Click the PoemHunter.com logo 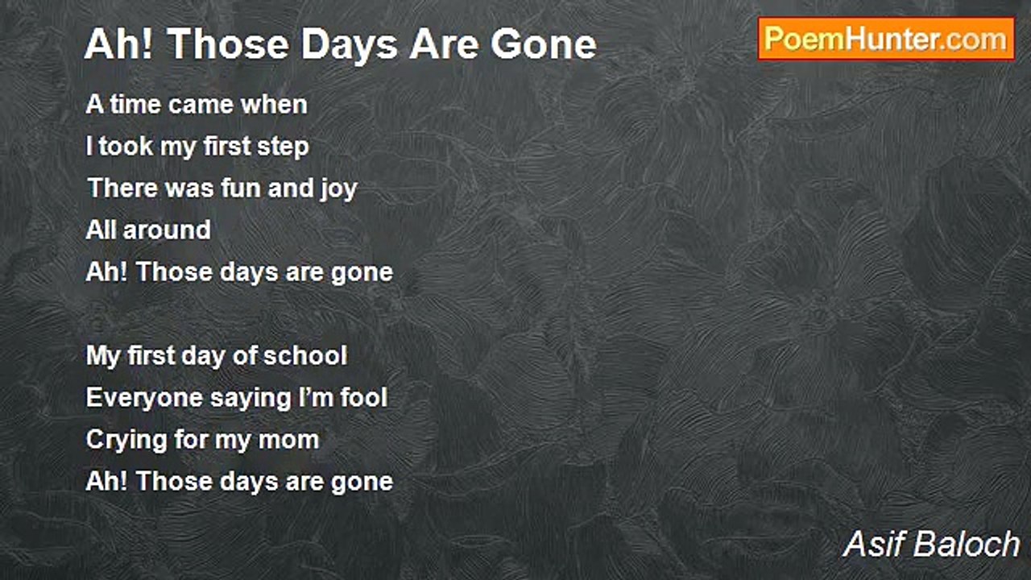tap(886, 39)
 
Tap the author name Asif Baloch tap(931, 545)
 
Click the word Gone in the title tap(544, 44)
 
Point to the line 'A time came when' tap(197, 105)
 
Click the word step tap(283, 147)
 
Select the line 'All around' tap(148, 230)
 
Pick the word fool tap(362, 398)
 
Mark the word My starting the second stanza tap(103, 356)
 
